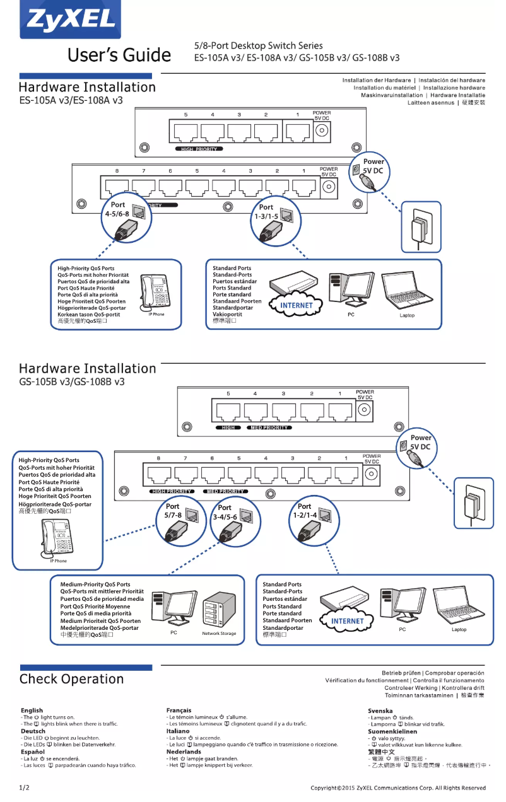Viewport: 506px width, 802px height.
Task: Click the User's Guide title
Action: click(119, 55)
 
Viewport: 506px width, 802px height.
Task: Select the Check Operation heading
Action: click(71, 679)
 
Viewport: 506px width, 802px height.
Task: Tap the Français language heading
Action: click(179, 711)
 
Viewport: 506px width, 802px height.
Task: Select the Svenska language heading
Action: click(380, 711)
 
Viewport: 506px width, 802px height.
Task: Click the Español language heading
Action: click(32, 752)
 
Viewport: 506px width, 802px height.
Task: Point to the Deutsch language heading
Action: click(33, 731)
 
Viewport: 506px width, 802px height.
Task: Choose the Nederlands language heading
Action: click(184, 752)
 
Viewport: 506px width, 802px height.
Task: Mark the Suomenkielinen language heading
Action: click(392, 731)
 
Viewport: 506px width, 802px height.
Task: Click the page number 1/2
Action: click(24, 787)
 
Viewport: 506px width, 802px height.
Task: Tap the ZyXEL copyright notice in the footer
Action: click(398, 787)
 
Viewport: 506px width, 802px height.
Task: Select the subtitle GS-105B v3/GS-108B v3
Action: click(71, 382)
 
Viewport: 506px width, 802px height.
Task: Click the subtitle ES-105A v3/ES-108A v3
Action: click(71, 100)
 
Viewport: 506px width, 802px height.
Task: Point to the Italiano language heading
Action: click(178, 731)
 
